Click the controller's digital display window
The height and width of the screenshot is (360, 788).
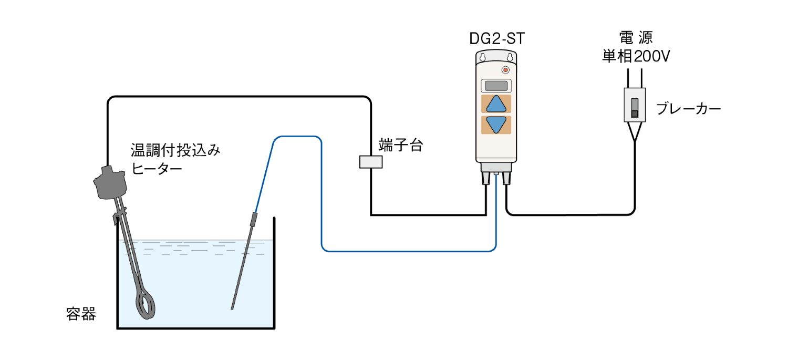(496, 85)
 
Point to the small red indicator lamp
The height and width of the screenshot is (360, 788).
(506, 70)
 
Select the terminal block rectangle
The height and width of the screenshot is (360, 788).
(371, 162)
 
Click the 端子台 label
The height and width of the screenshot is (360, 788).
(400, 146)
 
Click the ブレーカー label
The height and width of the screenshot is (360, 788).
(689, 109)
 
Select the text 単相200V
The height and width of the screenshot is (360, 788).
(636, 56)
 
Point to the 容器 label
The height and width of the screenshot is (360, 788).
(81, 314)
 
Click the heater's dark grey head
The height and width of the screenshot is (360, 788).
(110, 183)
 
